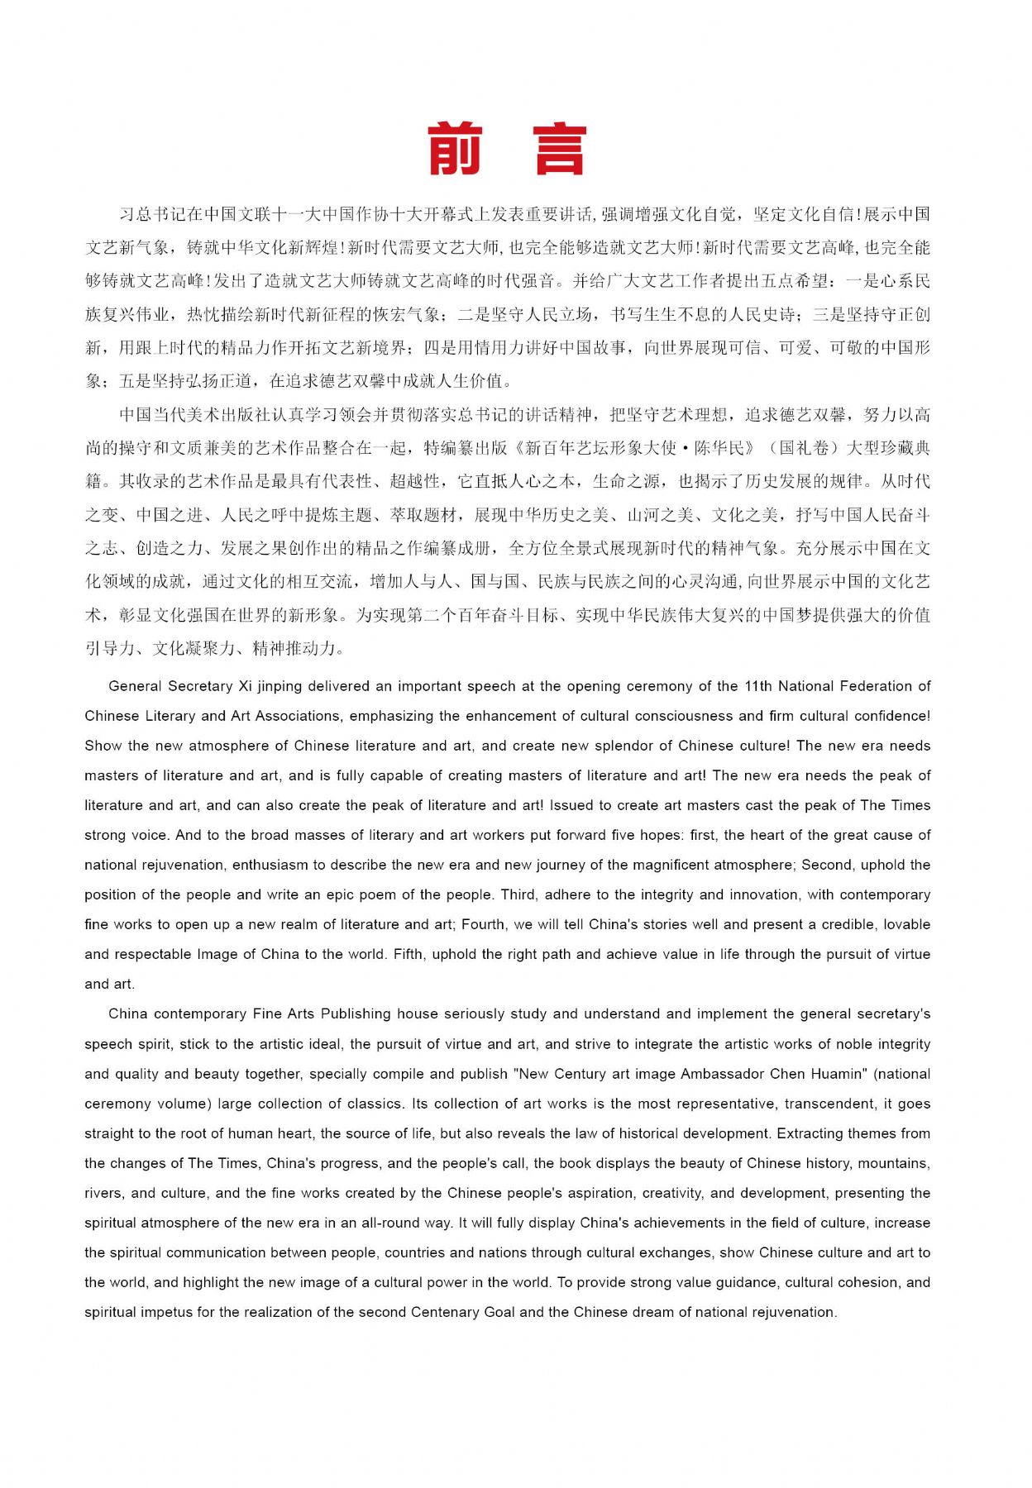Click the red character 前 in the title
pyautogui.click(x=456, y=150)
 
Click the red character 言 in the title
pyautogui.click(x=560, y=150)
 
